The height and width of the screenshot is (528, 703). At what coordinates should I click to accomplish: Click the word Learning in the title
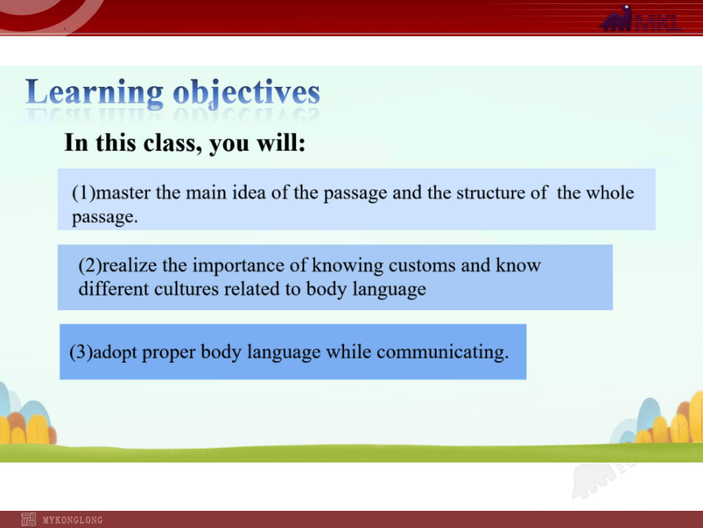pyautogui.click(x=95, y=93)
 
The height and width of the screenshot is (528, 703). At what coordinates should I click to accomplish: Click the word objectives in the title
pyautogui.click(x=247, y=93)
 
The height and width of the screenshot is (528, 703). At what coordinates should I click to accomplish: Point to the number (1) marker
pyautogui.click(x=84, y=193)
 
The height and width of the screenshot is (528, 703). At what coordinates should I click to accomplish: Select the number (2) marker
pyautogui.click(x=90, y=266)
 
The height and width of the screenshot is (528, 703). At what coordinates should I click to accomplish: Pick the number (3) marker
pyautogui.click(x=81, y=352)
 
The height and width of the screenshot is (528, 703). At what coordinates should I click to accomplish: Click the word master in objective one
pyautogui.click(x=123, y=193)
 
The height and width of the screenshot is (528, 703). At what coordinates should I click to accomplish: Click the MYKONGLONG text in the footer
pyautogui.click(x=73, y=521)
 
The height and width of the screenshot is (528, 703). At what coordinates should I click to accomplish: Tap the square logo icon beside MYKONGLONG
pyautogui.click(x=29, y=520)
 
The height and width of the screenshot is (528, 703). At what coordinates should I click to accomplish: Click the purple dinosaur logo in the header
pyautogui.click(x=617, y=19)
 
